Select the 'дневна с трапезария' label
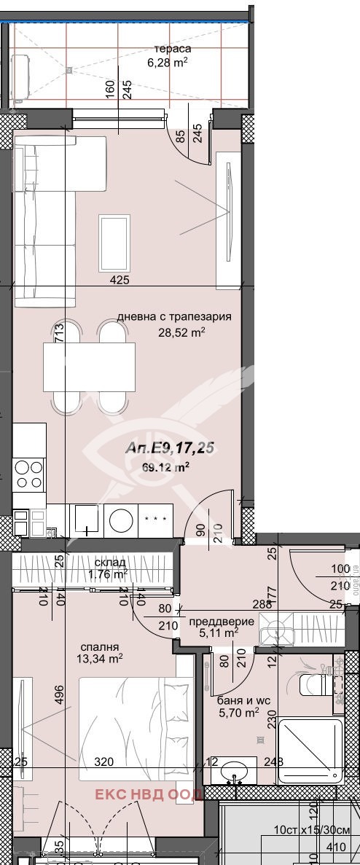[x=174, y=317]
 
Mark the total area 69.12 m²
[x=167, y=467]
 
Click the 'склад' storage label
[x=111, y=563]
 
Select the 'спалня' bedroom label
[x=101, y=646]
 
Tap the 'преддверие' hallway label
[x=222, y=622]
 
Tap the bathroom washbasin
[x=234, y=770]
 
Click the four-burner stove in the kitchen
[x=29, y=474]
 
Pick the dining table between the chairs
[x=89, y=367]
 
